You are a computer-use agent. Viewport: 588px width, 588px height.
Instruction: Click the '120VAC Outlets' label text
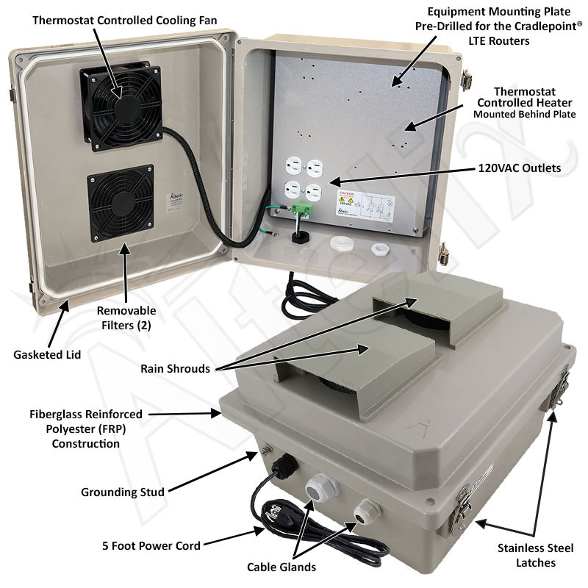click(516, 168)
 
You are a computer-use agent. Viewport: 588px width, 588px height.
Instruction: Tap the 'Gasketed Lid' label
click(47, 354)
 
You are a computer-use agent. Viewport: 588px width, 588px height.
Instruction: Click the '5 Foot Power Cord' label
click(151, 545)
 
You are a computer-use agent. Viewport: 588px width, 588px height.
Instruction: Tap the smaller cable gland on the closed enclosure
click(363, 512)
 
